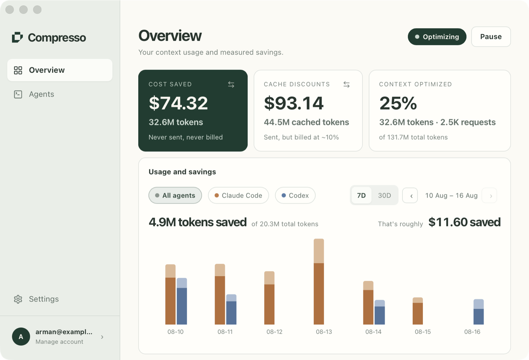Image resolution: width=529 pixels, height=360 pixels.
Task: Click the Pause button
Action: coord(491,37)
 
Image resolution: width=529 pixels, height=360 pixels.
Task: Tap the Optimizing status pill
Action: coord(437,37)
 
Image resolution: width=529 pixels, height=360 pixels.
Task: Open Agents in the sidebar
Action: coord(41,94)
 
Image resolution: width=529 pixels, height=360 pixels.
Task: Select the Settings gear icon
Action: coord(18,299)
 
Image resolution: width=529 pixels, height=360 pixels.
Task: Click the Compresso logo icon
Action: coord(17,37)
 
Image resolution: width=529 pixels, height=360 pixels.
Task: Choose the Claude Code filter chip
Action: coord(238,195)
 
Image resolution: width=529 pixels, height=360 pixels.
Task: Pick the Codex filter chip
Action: coord(295,195)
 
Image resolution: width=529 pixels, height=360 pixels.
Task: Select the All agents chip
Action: coord(175,195)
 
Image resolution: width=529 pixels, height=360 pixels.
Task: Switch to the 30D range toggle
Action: coord(385,195)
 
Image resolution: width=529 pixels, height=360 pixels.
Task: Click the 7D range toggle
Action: coord(361,195)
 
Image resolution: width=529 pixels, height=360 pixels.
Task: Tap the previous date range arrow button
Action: coord(410,195)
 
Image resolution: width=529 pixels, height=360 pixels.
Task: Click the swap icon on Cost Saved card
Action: coord(231,85)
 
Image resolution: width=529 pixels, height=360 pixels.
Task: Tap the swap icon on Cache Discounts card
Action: coord(346,85)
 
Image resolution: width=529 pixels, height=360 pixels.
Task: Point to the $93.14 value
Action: coord(294,103)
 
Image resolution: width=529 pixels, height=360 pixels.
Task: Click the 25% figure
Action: coord(398,103)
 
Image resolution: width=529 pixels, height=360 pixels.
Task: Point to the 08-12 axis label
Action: coord(274,332)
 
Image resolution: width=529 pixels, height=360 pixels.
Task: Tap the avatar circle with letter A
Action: coord(21,337)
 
